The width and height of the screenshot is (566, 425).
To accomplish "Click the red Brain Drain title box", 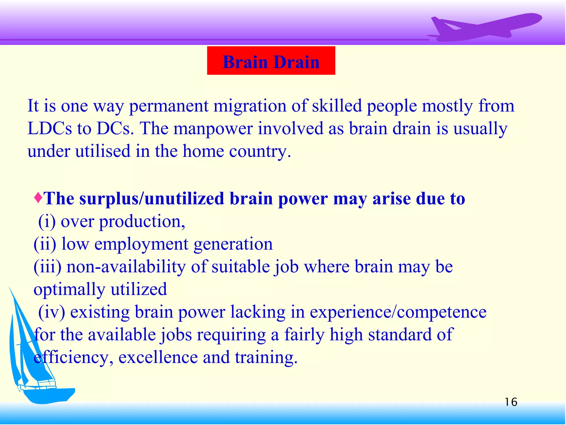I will click(x=271, y=61).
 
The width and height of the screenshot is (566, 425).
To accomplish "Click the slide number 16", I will click(x=511, y=402).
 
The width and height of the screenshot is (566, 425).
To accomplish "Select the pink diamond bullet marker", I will click(x=38, y=198).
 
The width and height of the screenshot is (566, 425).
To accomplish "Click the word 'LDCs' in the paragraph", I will click(x=49, y=129).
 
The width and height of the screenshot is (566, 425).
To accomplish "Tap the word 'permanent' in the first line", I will click(x=169, y=107).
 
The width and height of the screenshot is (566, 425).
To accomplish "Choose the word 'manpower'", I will click(x=213, y=129).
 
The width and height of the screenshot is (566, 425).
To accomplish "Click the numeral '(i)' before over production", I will click(x=47, y=221).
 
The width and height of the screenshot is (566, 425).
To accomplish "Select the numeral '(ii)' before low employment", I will click(x=44, y=244).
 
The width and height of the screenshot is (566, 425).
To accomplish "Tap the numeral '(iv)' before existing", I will click(x=51, y=312).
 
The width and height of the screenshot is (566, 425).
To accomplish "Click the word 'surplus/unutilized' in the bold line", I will click(x=151, y=199).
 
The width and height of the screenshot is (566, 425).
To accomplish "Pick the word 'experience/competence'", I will click(x=398, y=313).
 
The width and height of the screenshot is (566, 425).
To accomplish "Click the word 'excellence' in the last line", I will click(x=158, y=357).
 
